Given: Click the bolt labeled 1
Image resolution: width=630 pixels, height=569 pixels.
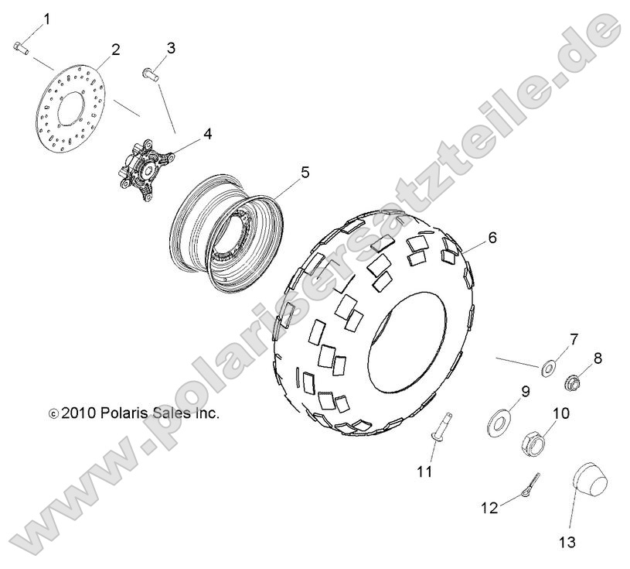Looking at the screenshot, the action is (x=22, y=48).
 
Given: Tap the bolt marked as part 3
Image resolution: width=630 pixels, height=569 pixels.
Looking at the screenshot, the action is (x=151, y=74).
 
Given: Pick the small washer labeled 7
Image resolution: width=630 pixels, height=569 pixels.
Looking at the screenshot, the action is (x=548, y=368).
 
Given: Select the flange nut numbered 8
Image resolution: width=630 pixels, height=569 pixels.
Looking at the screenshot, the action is (x=574, y=382).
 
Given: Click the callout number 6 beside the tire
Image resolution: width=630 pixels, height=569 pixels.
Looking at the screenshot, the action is (x=492, y=238).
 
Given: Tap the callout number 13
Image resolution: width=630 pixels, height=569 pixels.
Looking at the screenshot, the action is (x=567, y=543).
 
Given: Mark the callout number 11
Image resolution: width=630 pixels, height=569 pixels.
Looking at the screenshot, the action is (x=424, y=471).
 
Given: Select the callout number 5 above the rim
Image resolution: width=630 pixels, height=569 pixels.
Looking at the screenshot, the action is (x=305, y=173).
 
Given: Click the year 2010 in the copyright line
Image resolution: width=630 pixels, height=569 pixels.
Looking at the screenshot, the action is (x=78, y=413).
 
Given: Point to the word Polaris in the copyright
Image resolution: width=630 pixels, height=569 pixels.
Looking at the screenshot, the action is (x=124, y=413).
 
